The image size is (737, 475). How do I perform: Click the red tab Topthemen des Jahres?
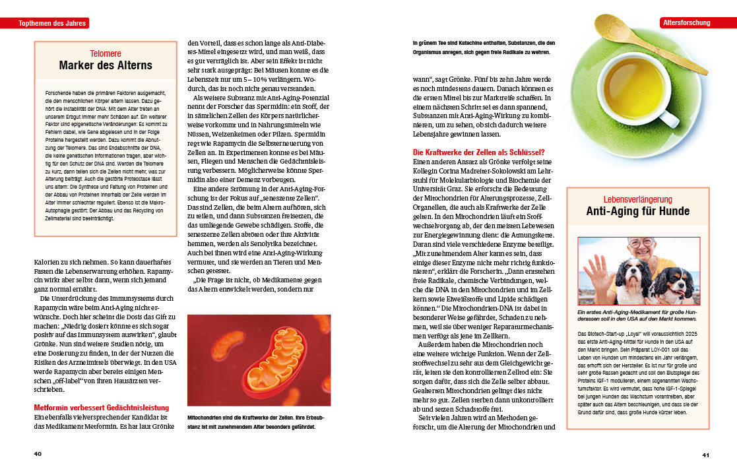44,23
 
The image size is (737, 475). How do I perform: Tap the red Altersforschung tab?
686,22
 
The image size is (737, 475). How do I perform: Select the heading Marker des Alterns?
106,65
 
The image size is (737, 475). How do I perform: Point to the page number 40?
38,454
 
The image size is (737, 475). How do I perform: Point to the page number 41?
705,455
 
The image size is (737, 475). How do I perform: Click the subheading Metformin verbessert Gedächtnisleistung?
102,408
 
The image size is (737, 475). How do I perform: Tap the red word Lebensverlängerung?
637,199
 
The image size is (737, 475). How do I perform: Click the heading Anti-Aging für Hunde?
637,212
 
